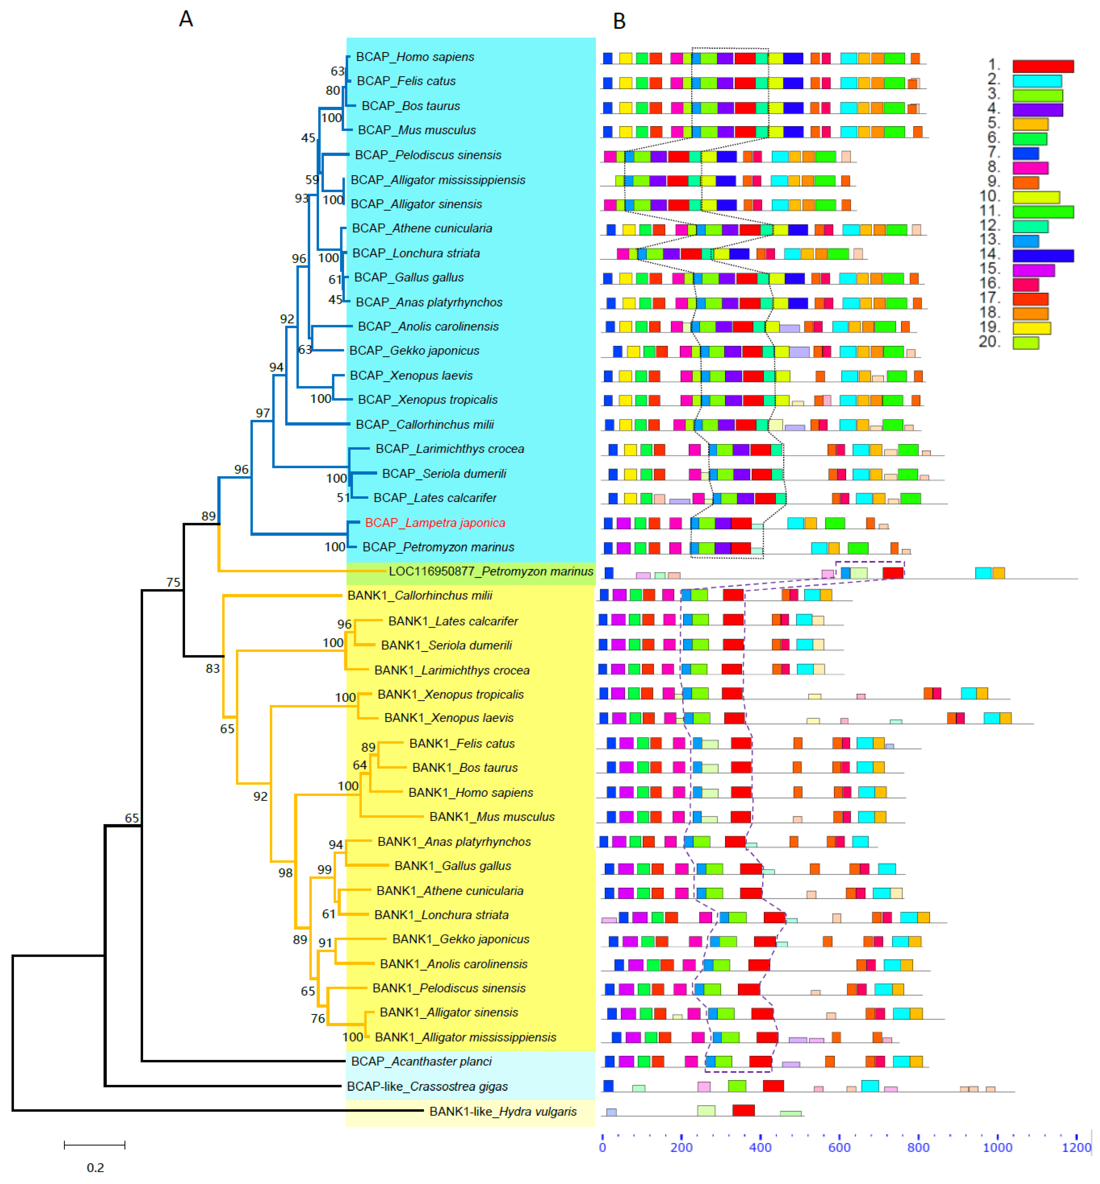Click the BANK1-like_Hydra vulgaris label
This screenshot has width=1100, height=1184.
(x=503, y=1111)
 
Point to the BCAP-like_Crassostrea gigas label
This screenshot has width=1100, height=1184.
(x=427, y=1086)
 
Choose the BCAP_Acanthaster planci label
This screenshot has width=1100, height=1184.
(x=421, y=1061)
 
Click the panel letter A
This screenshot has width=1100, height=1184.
(x=186, y=20)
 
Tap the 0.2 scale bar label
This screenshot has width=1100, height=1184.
(x=95, y=1167)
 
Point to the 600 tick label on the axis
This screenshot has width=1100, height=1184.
(x=839, y=1147)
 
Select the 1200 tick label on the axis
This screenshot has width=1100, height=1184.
(x=1076, y=1147)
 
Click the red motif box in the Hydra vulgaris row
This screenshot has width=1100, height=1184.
(x=743, y=1110)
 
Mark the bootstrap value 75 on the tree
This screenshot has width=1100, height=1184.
(x=173, y=582)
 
